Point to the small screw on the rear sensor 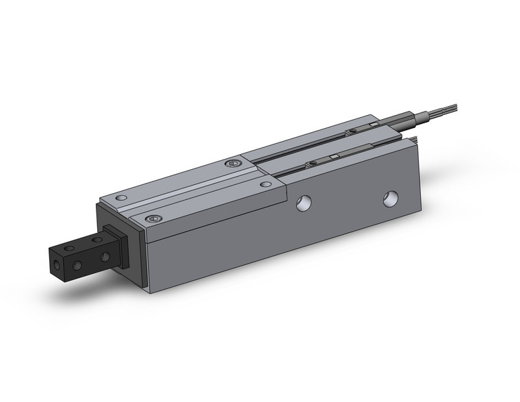[x=352, y=131]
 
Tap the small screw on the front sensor [x=311, y=164]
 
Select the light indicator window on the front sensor [x=334, y=158]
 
